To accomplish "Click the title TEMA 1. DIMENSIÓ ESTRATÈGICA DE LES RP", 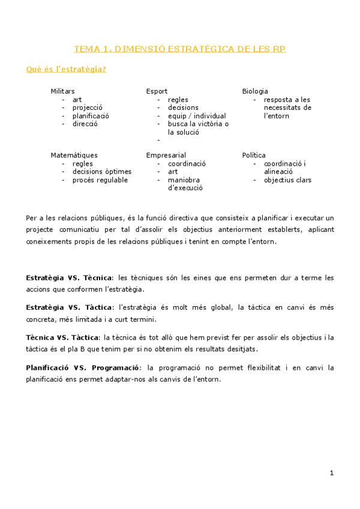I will (179, 49).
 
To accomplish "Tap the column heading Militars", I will (63, 91).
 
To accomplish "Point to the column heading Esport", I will (157, 91).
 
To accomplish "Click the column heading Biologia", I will (255, 91).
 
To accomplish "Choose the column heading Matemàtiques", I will (74, 155).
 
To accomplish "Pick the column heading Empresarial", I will (166, 155).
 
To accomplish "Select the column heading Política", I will (254, 155).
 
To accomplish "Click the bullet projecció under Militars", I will (88, 108).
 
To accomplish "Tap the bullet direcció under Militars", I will (85, 124).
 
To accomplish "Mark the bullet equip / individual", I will (197, 116).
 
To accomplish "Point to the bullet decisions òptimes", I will (101, 172).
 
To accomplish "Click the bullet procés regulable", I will (100, 180).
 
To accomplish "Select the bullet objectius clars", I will (287, 180).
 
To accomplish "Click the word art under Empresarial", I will (173, 172).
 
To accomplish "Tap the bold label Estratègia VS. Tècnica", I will (69, 279).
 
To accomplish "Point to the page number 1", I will (332, 474).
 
